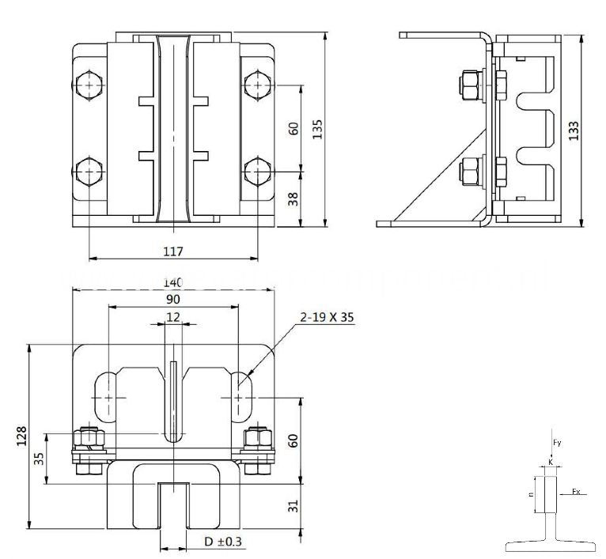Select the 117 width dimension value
coord(173,251)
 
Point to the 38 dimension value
coord(294,199)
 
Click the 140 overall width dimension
coord(172,282)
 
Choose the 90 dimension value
coord(172,300)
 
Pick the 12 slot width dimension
coord(172,317)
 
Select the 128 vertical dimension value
coord(21,435)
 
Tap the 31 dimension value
coord(294,506)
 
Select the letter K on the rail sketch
coord(551,461)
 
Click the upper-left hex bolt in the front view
coord(89,85)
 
